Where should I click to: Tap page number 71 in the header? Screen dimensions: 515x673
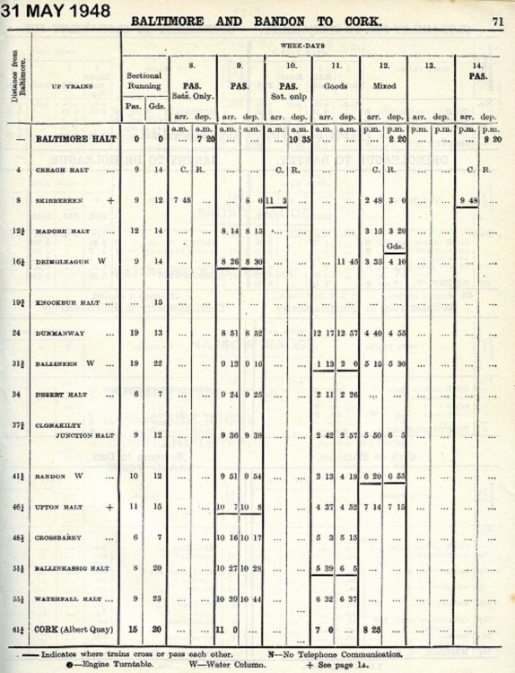point(497,20)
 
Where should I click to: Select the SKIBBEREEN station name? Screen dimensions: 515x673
point(59,200)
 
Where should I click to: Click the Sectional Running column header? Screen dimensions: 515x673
point(144,82)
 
